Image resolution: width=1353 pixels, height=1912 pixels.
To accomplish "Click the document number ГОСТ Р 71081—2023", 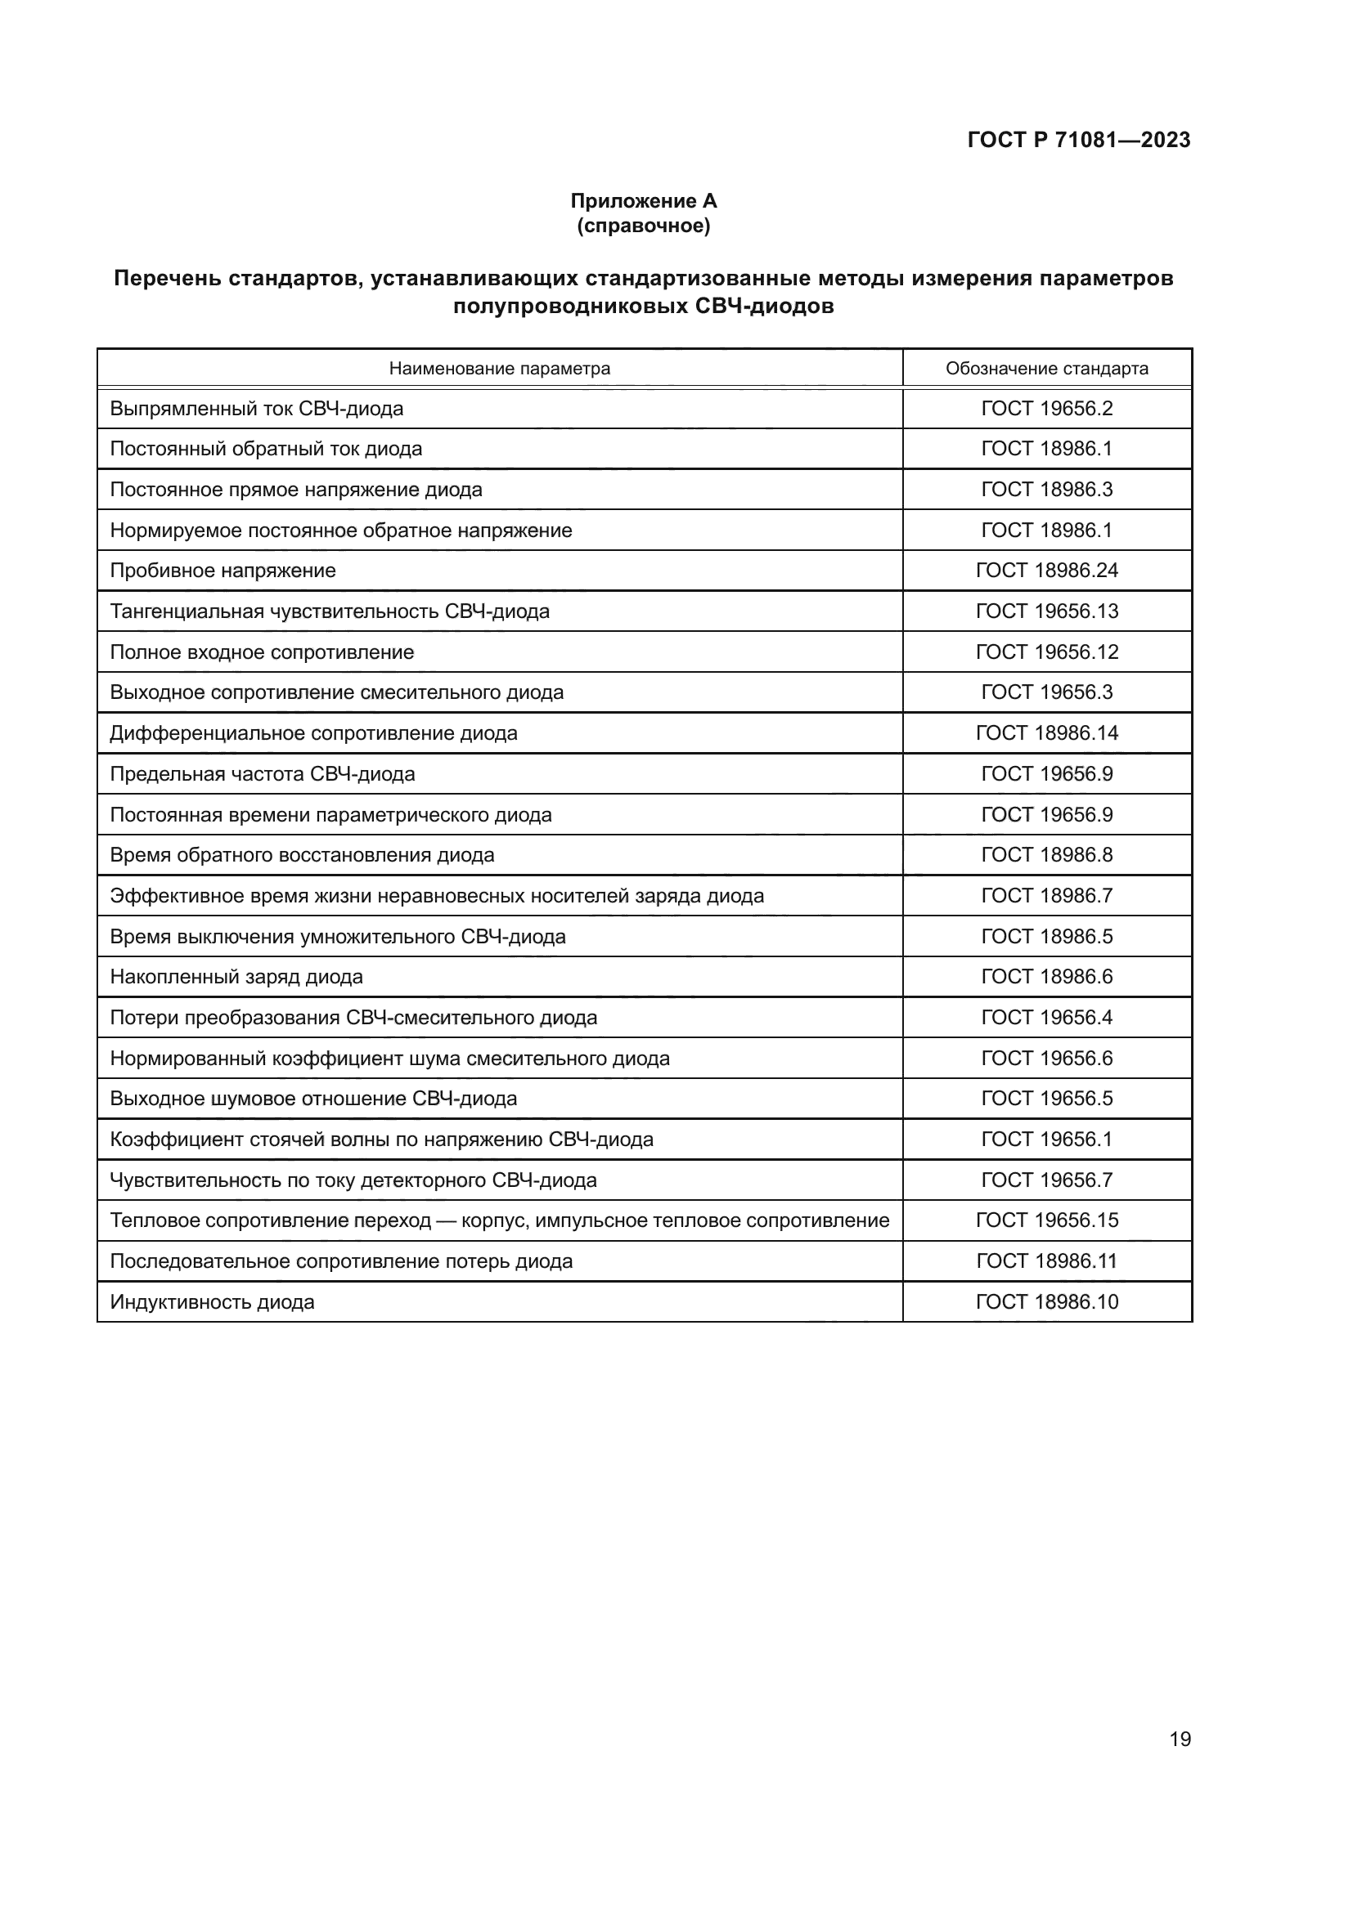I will tap(1078, 140).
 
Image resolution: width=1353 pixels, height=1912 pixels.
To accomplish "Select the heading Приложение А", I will tap(643, 201).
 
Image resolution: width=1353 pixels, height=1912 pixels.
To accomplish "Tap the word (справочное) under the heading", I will tap(643, 226).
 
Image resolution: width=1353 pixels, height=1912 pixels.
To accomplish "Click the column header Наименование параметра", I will tap(499, 368).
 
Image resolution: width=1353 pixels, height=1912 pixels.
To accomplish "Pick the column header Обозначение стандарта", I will tap(1046, 368).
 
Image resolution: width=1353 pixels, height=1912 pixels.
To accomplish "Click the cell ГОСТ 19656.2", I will tap(1046, 409).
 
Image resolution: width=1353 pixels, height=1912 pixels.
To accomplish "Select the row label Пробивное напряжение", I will tap(223, 571).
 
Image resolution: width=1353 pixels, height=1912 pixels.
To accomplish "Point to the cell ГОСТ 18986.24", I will tap(1046, 571).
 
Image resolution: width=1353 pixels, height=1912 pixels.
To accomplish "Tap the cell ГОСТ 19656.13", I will tap(1046, 611).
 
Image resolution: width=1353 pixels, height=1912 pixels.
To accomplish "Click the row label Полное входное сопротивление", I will tap(262, 652).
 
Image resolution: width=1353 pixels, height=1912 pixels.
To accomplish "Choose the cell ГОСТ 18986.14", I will tap(1046, 732).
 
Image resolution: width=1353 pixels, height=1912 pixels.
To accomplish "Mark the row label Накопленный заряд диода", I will tap(236, 977).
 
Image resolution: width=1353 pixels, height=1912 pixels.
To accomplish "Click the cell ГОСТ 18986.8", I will tap(1046, 855).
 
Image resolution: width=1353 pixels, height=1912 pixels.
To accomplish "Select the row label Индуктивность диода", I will tap(212, 1301).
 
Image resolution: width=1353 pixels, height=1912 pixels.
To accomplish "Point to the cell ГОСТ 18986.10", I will tap(1046, 1301).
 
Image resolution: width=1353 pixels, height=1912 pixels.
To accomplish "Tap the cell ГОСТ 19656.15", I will tap(1046, 1220).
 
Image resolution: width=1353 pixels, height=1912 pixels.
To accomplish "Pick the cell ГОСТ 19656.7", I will tap(1046, 1180).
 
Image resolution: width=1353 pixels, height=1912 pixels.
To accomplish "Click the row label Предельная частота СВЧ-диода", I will tap(262, 773).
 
